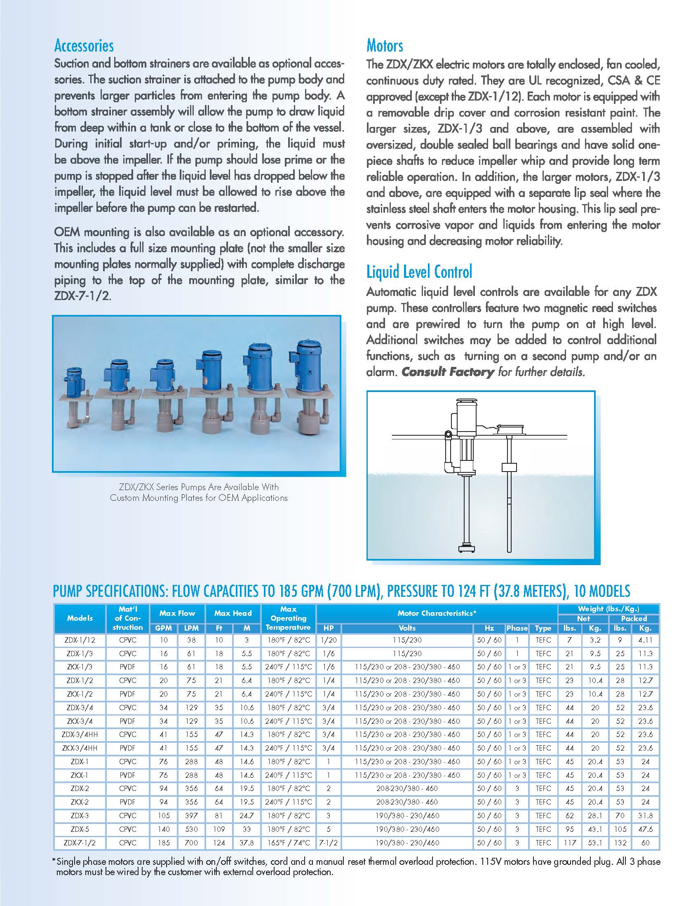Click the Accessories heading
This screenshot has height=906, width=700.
pos(84,46)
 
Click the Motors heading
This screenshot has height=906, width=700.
pos(385,46)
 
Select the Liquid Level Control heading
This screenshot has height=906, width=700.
pos(419,272)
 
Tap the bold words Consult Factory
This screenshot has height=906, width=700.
pos(448,372)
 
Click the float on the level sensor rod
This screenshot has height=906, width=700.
pos(509,467)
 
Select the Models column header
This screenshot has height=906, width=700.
pos(80,618)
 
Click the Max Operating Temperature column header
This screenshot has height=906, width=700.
pos(289,618)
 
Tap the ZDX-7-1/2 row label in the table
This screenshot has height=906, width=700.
pos(80,843)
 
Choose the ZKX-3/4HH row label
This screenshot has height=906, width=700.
pos(80,748)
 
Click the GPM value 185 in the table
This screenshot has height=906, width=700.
pos(164,843)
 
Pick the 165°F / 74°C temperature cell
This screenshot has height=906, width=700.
pos(289,843)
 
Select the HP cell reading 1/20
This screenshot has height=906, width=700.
pos(329,640)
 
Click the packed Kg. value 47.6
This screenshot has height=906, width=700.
pos(646,829)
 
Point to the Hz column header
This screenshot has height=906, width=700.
pos(489,628)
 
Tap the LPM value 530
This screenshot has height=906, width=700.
pos(191,829)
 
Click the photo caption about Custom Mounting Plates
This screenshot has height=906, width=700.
pos(199,493)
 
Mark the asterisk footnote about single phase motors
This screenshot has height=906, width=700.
pos(357,866)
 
